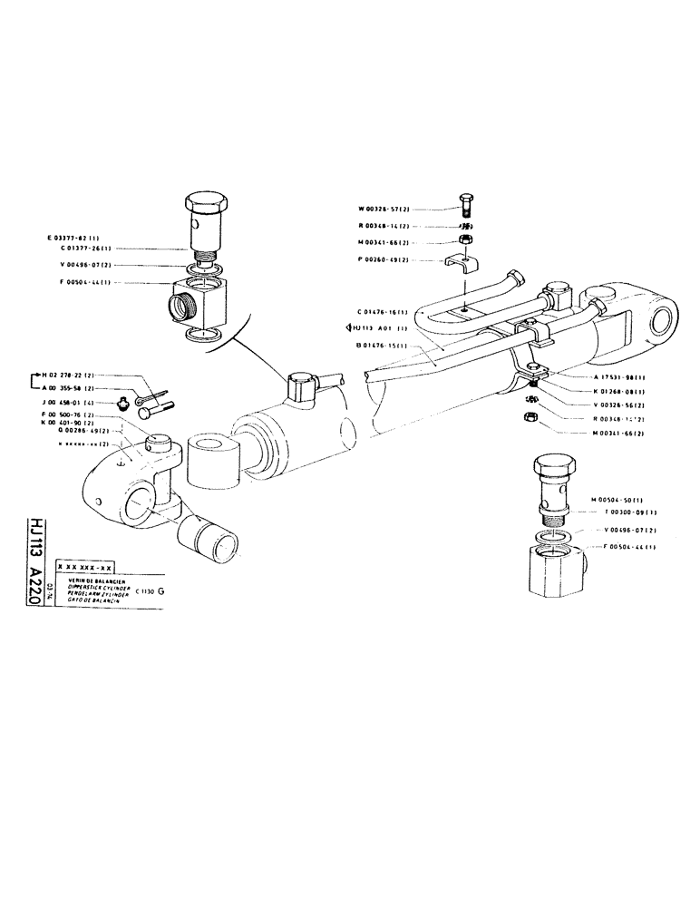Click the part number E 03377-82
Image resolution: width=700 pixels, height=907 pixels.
(79, 237)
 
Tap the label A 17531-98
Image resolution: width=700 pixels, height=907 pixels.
(615, 377)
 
